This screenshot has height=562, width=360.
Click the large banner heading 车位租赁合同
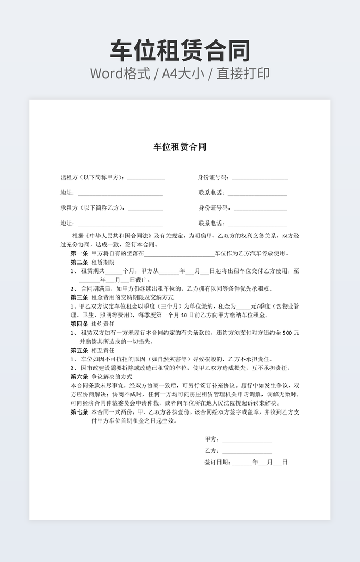click(180, 51)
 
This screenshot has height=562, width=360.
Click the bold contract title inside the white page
click(179, 147)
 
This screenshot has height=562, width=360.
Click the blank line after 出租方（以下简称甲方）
click(145, 178)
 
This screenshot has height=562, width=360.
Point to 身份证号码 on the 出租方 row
click(214, 177)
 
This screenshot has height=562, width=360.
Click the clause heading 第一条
click(79, 253)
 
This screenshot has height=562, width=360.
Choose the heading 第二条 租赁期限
click(92, 262)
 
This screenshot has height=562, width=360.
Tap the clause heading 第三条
click(79, 297)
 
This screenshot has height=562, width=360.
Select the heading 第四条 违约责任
click(92, 324)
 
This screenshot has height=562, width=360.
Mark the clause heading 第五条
click(79, 350)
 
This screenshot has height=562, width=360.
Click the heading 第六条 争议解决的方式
click(101, 376)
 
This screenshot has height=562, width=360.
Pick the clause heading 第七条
click(79, 412)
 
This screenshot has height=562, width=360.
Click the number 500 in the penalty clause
click(286, 333)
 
